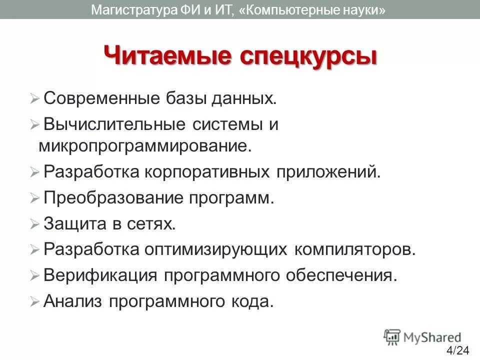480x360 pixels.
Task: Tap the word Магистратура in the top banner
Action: pyautogui.click(x=133, y=9)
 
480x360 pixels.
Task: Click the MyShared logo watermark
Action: pyautogui.click(x=422, y=336)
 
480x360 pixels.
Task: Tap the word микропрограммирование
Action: pyautogui.click(x=143, y=146)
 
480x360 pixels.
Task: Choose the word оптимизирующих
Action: pyautogui.click(x=216, y=249)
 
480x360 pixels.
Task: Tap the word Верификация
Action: pyautogui.click(x=101, y=275)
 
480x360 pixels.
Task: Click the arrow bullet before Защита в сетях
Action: pyautogui.click(x=34, y=224)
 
